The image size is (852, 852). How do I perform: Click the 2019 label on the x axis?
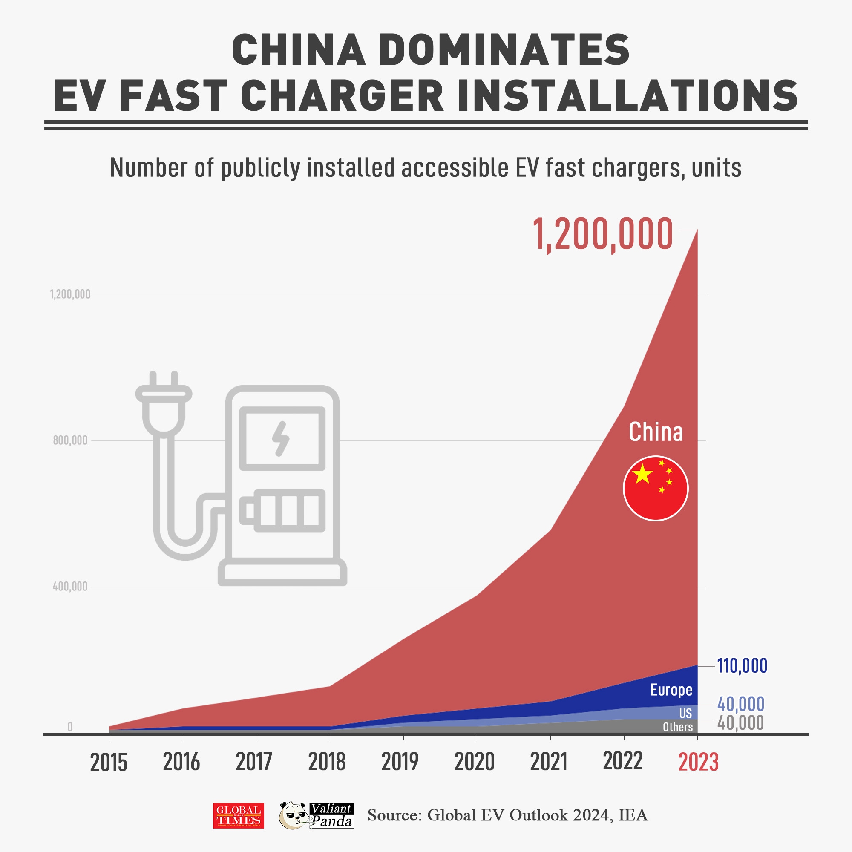(x=400, y=762)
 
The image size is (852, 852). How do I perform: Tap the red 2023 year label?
(x=698, y=762)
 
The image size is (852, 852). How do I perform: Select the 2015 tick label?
(x=109, y=763)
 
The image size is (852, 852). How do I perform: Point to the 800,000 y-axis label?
(x=70, y=440)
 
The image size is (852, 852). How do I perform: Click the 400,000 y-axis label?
(x=70, y=586)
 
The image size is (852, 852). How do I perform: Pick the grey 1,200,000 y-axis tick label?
(x=70, y=294)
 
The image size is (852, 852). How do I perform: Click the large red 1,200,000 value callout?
(x=602, y=235)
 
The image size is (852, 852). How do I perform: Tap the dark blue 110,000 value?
(x=742, y=666)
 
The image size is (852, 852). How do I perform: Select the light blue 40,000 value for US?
(x=741, y=704)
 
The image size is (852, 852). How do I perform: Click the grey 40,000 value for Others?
(x=741, y=723)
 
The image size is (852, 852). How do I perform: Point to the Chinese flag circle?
(x=656, y=488)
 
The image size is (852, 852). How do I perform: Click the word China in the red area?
(x=656, y=432)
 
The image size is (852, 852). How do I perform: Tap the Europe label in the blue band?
(x=671, y=690)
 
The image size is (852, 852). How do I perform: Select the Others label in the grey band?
(x=678, y=727)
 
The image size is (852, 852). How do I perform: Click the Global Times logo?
(x=239, y=815)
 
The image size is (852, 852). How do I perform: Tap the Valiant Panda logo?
(x=316, y=815)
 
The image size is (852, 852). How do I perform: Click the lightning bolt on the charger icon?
(x=281, y=438)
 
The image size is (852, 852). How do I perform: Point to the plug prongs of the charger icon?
(x=164, y=380)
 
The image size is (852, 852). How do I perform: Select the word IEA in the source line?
(x=633, y=815)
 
